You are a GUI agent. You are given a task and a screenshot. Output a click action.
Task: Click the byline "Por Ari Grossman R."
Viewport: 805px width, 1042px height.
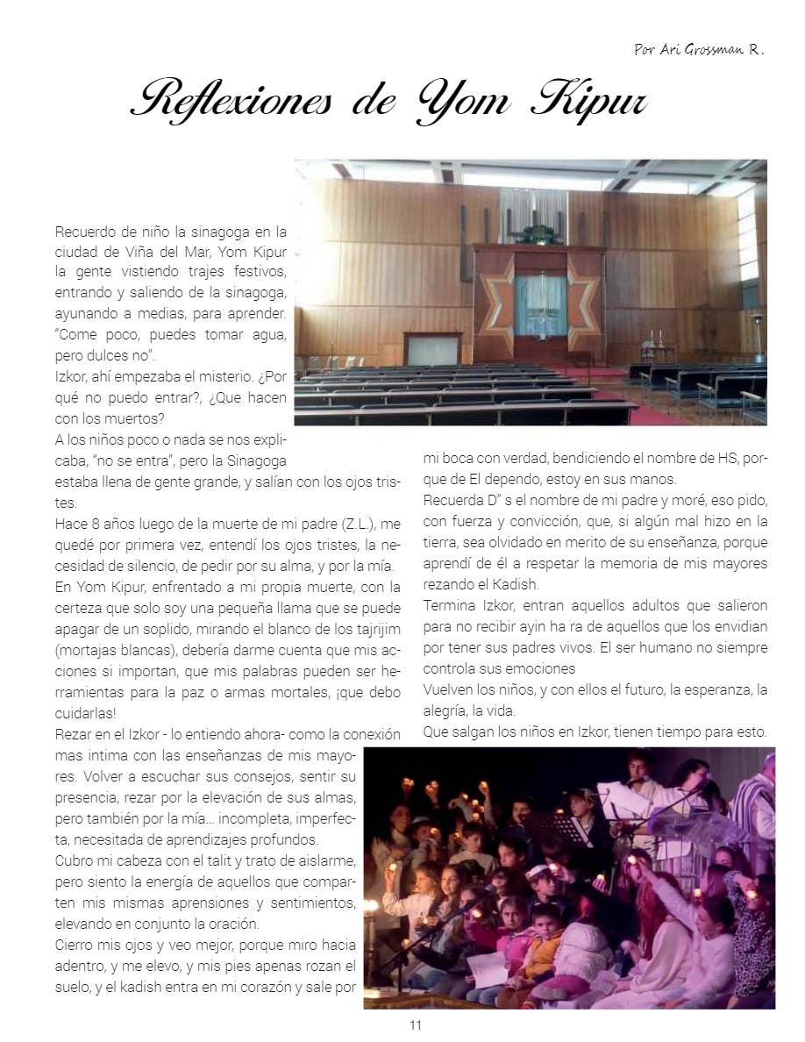[x=698, y=50]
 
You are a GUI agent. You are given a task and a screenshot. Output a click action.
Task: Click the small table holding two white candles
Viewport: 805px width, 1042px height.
[x=657, y=350]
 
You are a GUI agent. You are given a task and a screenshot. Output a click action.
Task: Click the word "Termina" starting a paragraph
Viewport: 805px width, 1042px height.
[x=450, y=605]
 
